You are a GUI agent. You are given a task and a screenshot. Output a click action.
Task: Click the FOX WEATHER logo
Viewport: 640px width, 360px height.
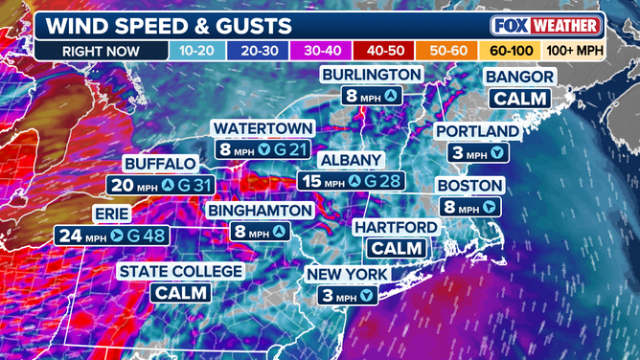click(x=546, y=24)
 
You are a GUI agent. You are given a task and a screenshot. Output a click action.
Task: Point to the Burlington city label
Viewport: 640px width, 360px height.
click(x=371, y=74)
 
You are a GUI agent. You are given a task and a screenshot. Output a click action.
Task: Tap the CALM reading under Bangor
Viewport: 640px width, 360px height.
click(x=520, y=98)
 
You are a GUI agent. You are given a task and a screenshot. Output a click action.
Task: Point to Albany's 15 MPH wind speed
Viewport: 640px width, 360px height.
click(x=323, y=181)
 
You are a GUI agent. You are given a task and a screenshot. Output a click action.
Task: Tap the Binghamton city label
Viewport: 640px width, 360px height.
click(x=259, y=209)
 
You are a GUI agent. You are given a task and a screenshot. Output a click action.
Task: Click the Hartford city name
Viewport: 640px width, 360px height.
click(x=395, y=227)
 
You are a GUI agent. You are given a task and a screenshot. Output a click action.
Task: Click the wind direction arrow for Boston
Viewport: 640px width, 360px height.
click(x=490, y=207)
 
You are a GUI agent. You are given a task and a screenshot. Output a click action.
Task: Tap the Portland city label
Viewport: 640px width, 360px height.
click(x=477, y=131)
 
